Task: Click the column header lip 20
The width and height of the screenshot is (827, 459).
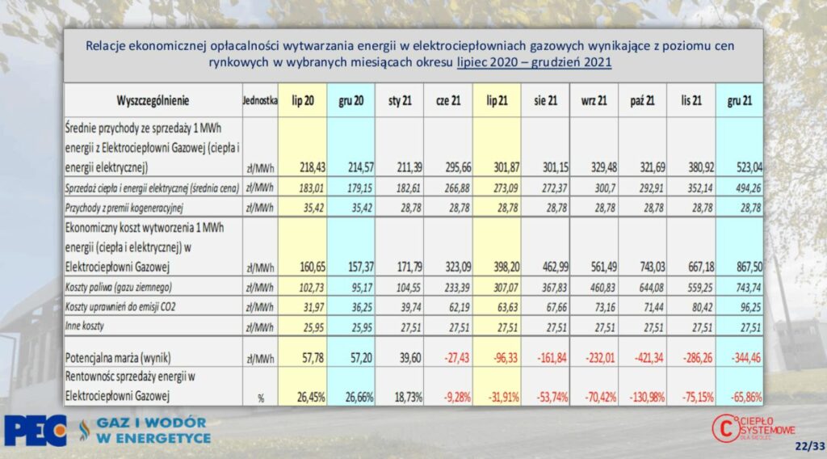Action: click(x=303, y=100)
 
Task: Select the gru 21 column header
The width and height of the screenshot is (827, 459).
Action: click(x=740, y=100)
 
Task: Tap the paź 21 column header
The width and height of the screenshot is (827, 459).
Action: click(x=642, y=100)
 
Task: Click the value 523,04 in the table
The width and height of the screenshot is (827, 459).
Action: click(x=749, y=168)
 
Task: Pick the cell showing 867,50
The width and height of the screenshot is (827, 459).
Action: click(x=749, y=267)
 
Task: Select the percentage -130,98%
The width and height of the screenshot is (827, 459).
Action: click(x=646, y=397)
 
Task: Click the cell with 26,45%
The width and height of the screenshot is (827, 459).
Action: click(x=311, y=397)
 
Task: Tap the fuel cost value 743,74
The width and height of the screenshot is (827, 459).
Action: click(x=749, y=288)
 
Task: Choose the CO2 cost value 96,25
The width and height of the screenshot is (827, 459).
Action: click(x=751, y=307)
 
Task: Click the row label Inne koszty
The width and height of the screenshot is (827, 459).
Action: click(x=84, y=326)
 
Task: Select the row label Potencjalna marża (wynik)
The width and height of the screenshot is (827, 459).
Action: click(x=118, y=358)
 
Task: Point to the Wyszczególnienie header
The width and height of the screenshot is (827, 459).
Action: click(x=153, y=100)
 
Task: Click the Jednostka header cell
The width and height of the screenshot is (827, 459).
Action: click(x=260, y=100)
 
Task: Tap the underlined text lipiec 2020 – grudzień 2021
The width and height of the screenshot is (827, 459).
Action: click(x=535, y=62)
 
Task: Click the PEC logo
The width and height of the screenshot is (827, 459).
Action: click(x=36, y=431)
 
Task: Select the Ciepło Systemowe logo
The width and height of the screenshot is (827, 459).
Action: click(x=754, y=427)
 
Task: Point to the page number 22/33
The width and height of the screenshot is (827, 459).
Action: click(x=809, y=446)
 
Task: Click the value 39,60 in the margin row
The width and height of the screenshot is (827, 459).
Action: click(x=409, y=358)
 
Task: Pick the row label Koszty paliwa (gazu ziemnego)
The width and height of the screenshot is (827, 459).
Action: click(x=118, y=288)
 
